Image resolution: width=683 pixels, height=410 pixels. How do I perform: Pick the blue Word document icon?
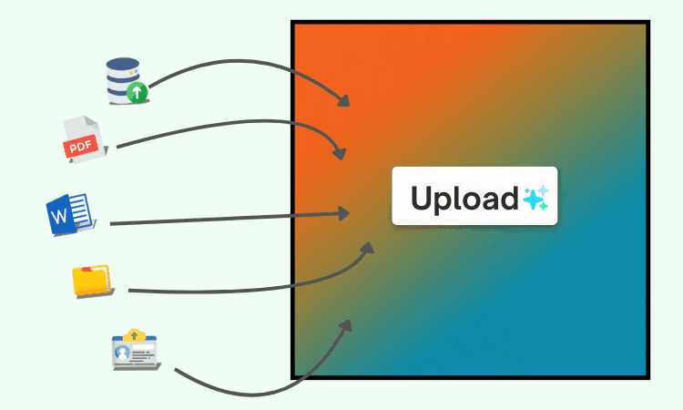tap(69, 214)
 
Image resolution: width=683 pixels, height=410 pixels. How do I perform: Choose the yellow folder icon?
tap(91, 280)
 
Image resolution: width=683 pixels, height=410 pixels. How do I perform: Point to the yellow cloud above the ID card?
tap(136, 334)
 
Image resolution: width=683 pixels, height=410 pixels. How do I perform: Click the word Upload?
tap(464, 198)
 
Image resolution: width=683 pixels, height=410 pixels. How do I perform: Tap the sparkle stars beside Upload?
tap(535, 198)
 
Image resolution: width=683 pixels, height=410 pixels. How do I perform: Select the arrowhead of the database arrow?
tap(344, 100)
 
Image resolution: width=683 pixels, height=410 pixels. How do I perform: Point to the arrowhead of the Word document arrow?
tap(344, 213)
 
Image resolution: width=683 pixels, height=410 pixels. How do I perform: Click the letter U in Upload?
tap(422, 198)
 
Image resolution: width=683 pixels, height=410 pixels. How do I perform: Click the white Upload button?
tap(474, 196)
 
